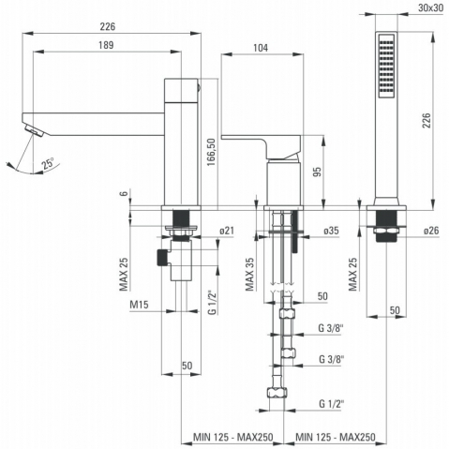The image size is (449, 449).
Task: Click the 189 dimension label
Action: [106, 45]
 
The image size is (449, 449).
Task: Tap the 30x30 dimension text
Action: [430, 7]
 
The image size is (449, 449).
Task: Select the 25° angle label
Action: [49, 163]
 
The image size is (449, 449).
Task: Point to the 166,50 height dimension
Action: [212, 152]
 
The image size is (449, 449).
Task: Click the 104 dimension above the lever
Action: [261, 48]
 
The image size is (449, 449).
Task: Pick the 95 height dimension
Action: [317, 172]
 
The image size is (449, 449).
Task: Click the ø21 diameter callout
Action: [227, 231]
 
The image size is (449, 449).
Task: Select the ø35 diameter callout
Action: [331, 231]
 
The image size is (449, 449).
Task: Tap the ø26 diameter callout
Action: [431, 231]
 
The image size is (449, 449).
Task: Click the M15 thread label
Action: [139, 305]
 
